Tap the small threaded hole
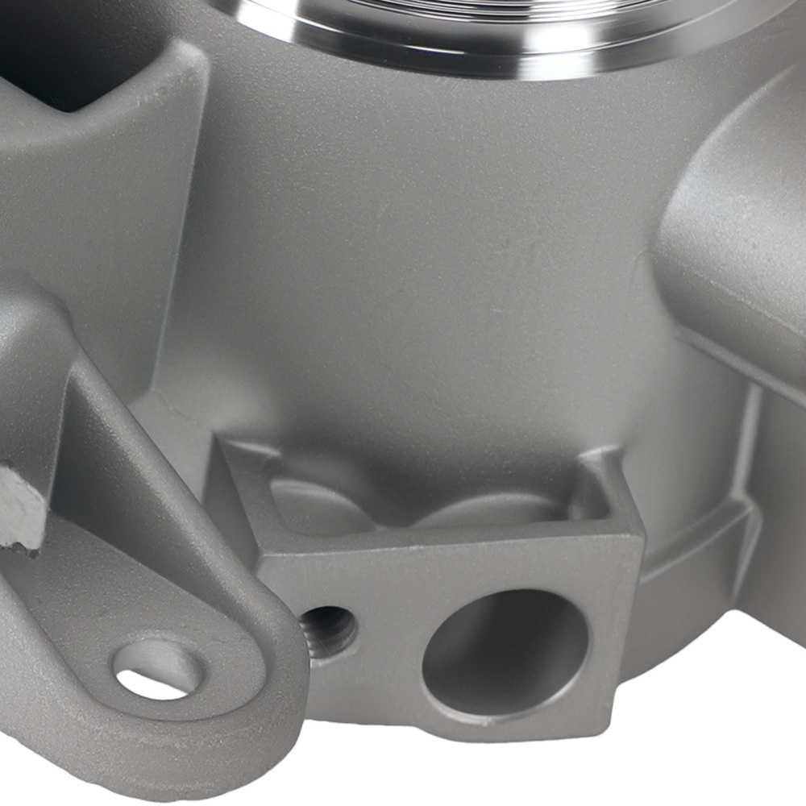[326, 629]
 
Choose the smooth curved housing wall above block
[419, 266]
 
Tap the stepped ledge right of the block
[693, 564]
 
